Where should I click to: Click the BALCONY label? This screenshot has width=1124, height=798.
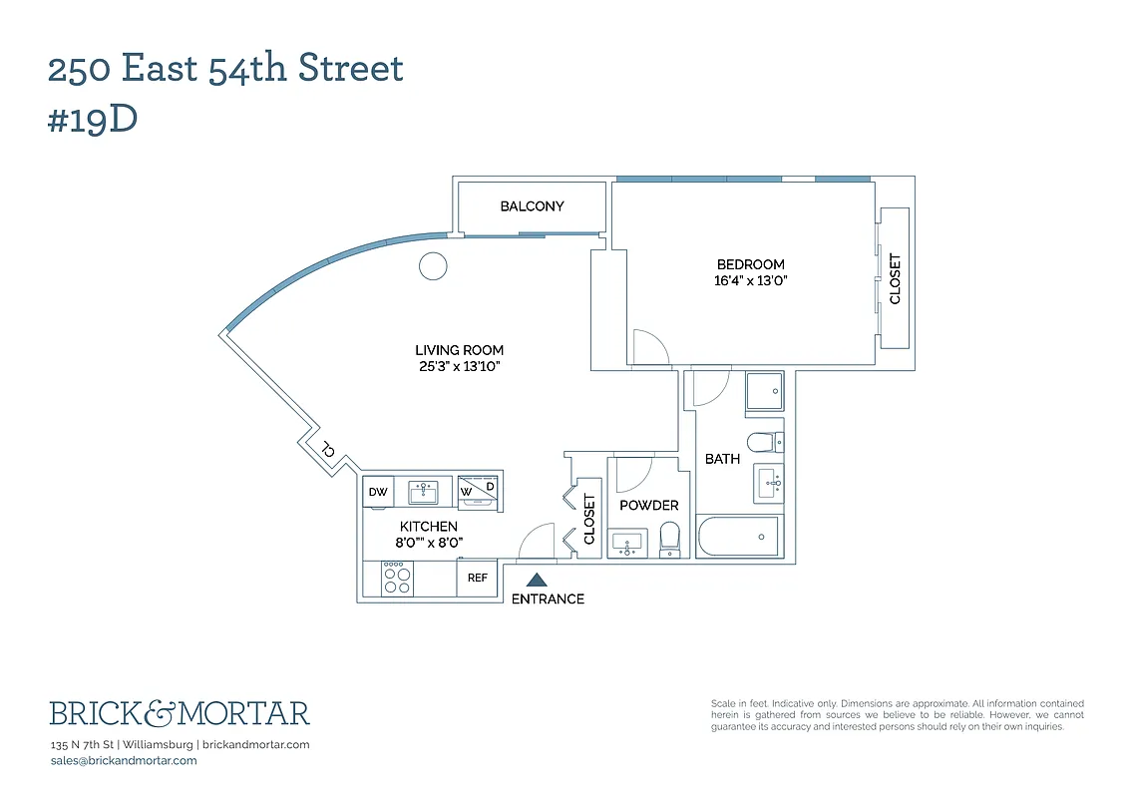[532, 206]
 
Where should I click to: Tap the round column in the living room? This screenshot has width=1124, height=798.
[433, 265]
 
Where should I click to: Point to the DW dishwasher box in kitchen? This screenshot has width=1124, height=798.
[378, 492]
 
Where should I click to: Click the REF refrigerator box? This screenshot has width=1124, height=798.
[478, 578]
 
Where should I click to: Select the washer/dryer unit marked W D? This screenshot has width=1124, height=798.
[478, 490]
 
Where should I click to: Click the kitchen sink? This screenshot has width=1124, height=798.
[424, 491]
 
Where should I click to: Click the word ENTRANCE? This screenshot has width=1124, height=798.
[548, 599]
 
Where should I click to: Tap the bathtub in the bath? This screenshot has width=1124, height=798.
[739, 538]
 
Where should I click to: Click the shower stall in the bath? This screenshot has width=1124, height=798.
[765, 390]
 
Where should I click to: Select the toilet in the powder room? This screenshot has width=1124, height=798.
[671, 538]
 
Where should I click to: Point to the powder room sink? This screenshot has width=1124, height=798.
[628, 544]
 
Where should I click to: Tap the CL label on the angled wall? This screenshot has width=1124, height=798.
[326, 451]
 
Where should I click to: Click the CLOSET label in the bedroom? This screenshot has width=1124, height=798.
[895, 278]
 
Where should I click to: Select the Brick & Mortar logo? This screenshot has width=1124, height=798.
[180, 713]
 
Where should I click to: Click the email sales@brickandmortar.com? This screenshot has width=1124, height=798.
[124, 760]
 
